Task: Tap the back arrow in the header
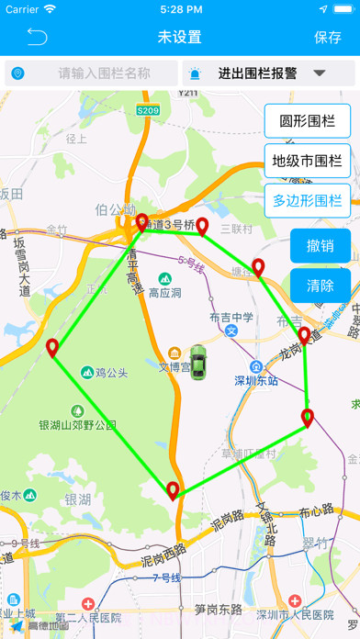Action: coord(36,37)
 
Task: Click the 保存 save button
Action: coord(327,38)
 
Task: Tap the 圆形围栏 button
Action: coord(308,121)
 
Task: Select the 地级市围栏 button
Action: coord(308,161)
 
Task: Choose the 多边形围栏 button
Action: coord(308,200)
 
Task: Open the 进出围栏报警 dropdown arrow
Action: coord(321,73)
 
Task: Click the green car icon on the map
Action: coord(197,362)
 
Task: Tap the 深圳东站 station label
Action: coord(256,380)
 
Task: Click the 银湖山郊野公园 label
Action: coord(77,425)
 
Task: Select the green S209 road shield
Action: coord(148,110)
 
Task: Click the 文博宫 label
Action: coord(174,366)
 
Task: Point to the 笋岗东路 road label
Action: coord(219,608)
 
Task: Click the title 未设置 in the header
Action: coord(179,38)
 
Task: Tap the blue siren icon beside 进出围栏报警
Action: coord(196,73)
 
